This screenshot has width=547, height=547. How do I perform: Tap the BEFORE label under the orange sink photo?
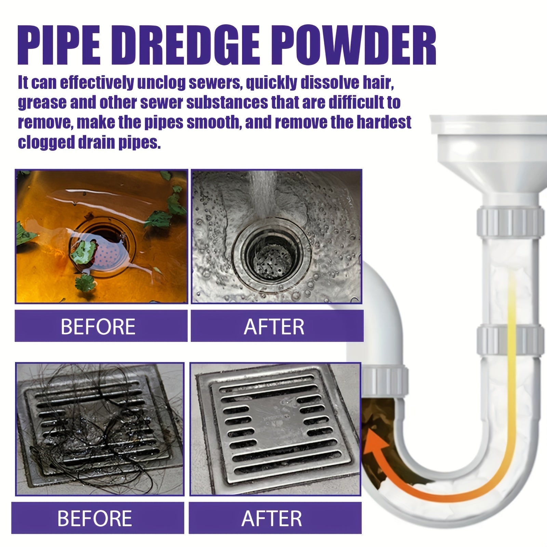coord(98,326)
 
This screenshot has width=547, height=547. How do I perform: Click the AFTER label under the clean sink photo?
coord(274,326)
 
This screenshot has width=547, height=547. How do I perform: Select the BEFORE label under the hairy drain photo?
coord(95,518)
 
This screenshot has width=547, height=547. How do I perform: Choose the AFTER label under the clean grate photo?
coord(272,518)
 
